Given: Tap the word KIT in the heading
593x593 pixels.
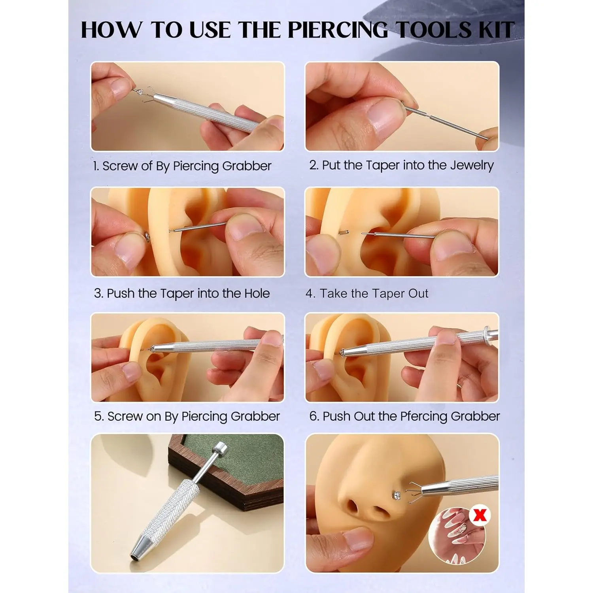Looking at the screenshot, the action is click(x=494, y=30).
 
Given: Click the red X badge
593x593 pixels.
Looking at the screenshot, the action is click(x=480, y=515).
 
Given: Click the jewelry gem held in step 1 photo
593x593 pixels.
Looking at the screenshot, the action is click(x=140, y=93).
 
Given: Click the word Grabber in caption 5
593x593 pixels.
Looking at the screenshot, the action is click(x=255, y=417).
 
